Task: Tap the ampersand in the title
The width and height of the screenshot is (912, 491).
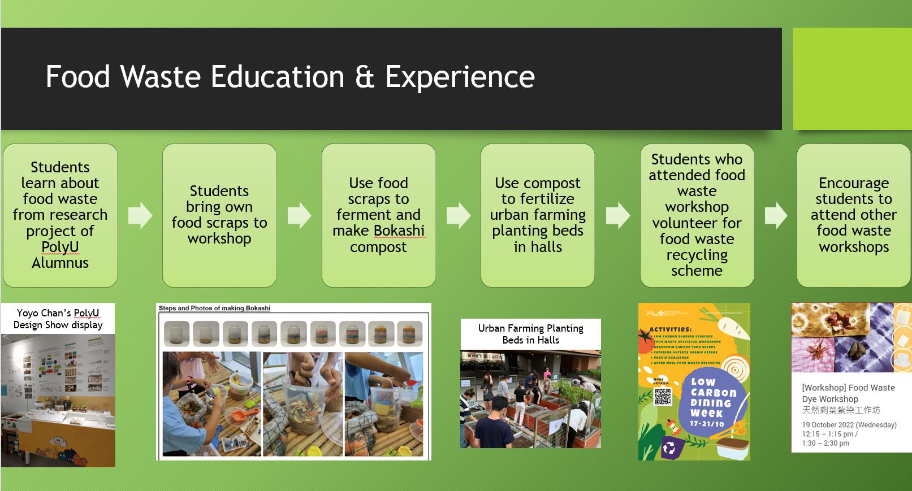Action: tap(365, 77)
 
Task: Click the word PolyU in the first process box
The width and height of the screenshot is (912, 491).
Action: tap(60, 247)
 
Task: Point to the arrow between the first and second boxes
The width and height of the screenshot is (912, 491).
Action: tap(140, 215)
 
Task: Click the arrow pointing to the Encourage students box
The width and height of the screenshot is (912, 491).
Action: tap(776, 215)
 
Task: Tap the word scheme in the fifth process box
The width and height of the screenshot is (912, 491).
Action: tap(697, 271)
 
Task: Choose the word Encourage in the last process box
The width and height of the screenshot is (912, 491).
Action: tap(854, 183)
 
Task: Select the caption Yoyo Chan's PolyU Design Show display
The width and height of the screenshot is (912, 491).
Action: tap(58, 319)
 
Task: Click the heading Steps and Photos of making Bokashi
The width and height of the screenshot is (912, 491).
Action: tap(214, 308)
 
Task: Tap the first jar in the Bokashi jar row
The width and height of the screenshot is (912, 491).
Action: tap(176, 333)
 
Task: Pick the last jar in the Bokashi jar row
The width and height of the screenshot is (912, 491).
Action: tap(409, 333)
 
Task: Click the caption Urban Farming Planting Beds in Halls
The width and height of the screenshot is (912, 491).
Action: tap(530, 334)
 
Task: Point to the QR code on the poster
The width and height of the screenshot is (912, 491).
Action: tap(663, 397)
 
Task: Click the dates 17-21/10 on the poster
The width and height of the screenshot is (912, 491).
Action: tap(707, 423)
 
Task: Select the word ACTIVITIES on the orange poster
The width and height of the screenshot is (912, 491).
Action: tap(671, 329)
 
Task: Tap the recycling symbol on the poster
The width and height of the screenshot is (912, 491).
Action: tap(670, 449)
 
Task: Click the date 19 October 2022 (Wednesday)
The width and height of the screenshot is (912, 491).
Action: tap(849, 425)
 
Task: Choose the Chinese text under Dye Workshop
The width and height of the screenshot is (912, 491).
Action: tap(841, 410)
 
